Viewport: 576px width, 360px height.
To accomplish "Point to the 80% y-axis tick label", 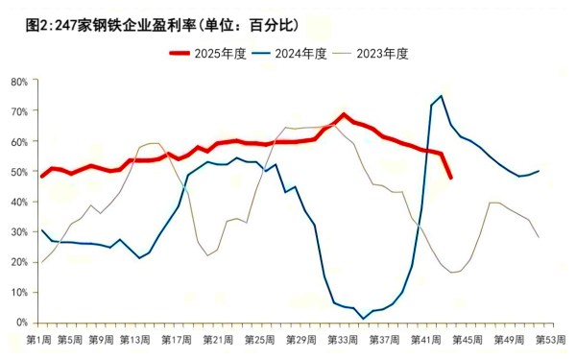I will pyautogui.click(x=19, y=82).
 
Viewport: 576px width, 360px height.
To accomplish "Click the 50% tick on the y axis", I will pyautogui.click(x=19, y=172).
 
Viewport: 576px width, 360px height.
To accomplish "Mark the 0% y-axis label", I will pyautogui.click(x=21, y=323).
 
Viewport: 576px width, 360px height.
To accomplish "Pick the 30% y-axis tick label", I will pyautogui.click(x=19, y=232).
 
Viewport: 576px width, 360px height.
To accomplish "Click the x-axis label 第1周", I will pyautogui.click(x=40, y=339).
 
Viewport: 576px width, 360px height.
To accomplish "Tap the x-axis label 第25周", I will pyautogui.click(x=260, y=339).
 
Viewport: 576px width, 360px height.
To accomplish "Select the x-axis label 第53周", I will pyautogui.click(x=550, y=339).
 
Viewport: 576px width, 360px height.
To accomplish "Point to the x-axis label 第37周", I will pyautogui.click(x=383, y=339).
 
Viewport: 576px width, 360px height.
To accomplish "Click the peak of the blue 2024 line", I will pyautogui.click(x=441, y=96).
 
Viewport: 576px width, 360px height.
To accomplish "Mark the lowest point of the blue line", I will pyautogui.click(x=363, y=318).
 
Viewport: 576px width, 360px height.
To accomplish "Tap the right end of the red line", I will pyautogui.click(x=451, y=178).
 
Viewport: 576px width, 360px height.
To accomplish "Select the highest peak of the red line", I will pyautogui.click(x=343, y=115).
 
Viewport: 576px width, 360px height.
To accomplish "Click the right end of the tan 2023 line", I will pyautogui.click(x=539, y=236).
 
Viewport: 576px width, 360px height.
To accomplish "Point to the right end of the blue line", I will pyautogui.click(x=539, y=171).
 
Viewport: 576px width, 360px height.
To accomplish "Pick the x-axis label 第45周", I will pyautogui.click(x=467, y=339).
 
